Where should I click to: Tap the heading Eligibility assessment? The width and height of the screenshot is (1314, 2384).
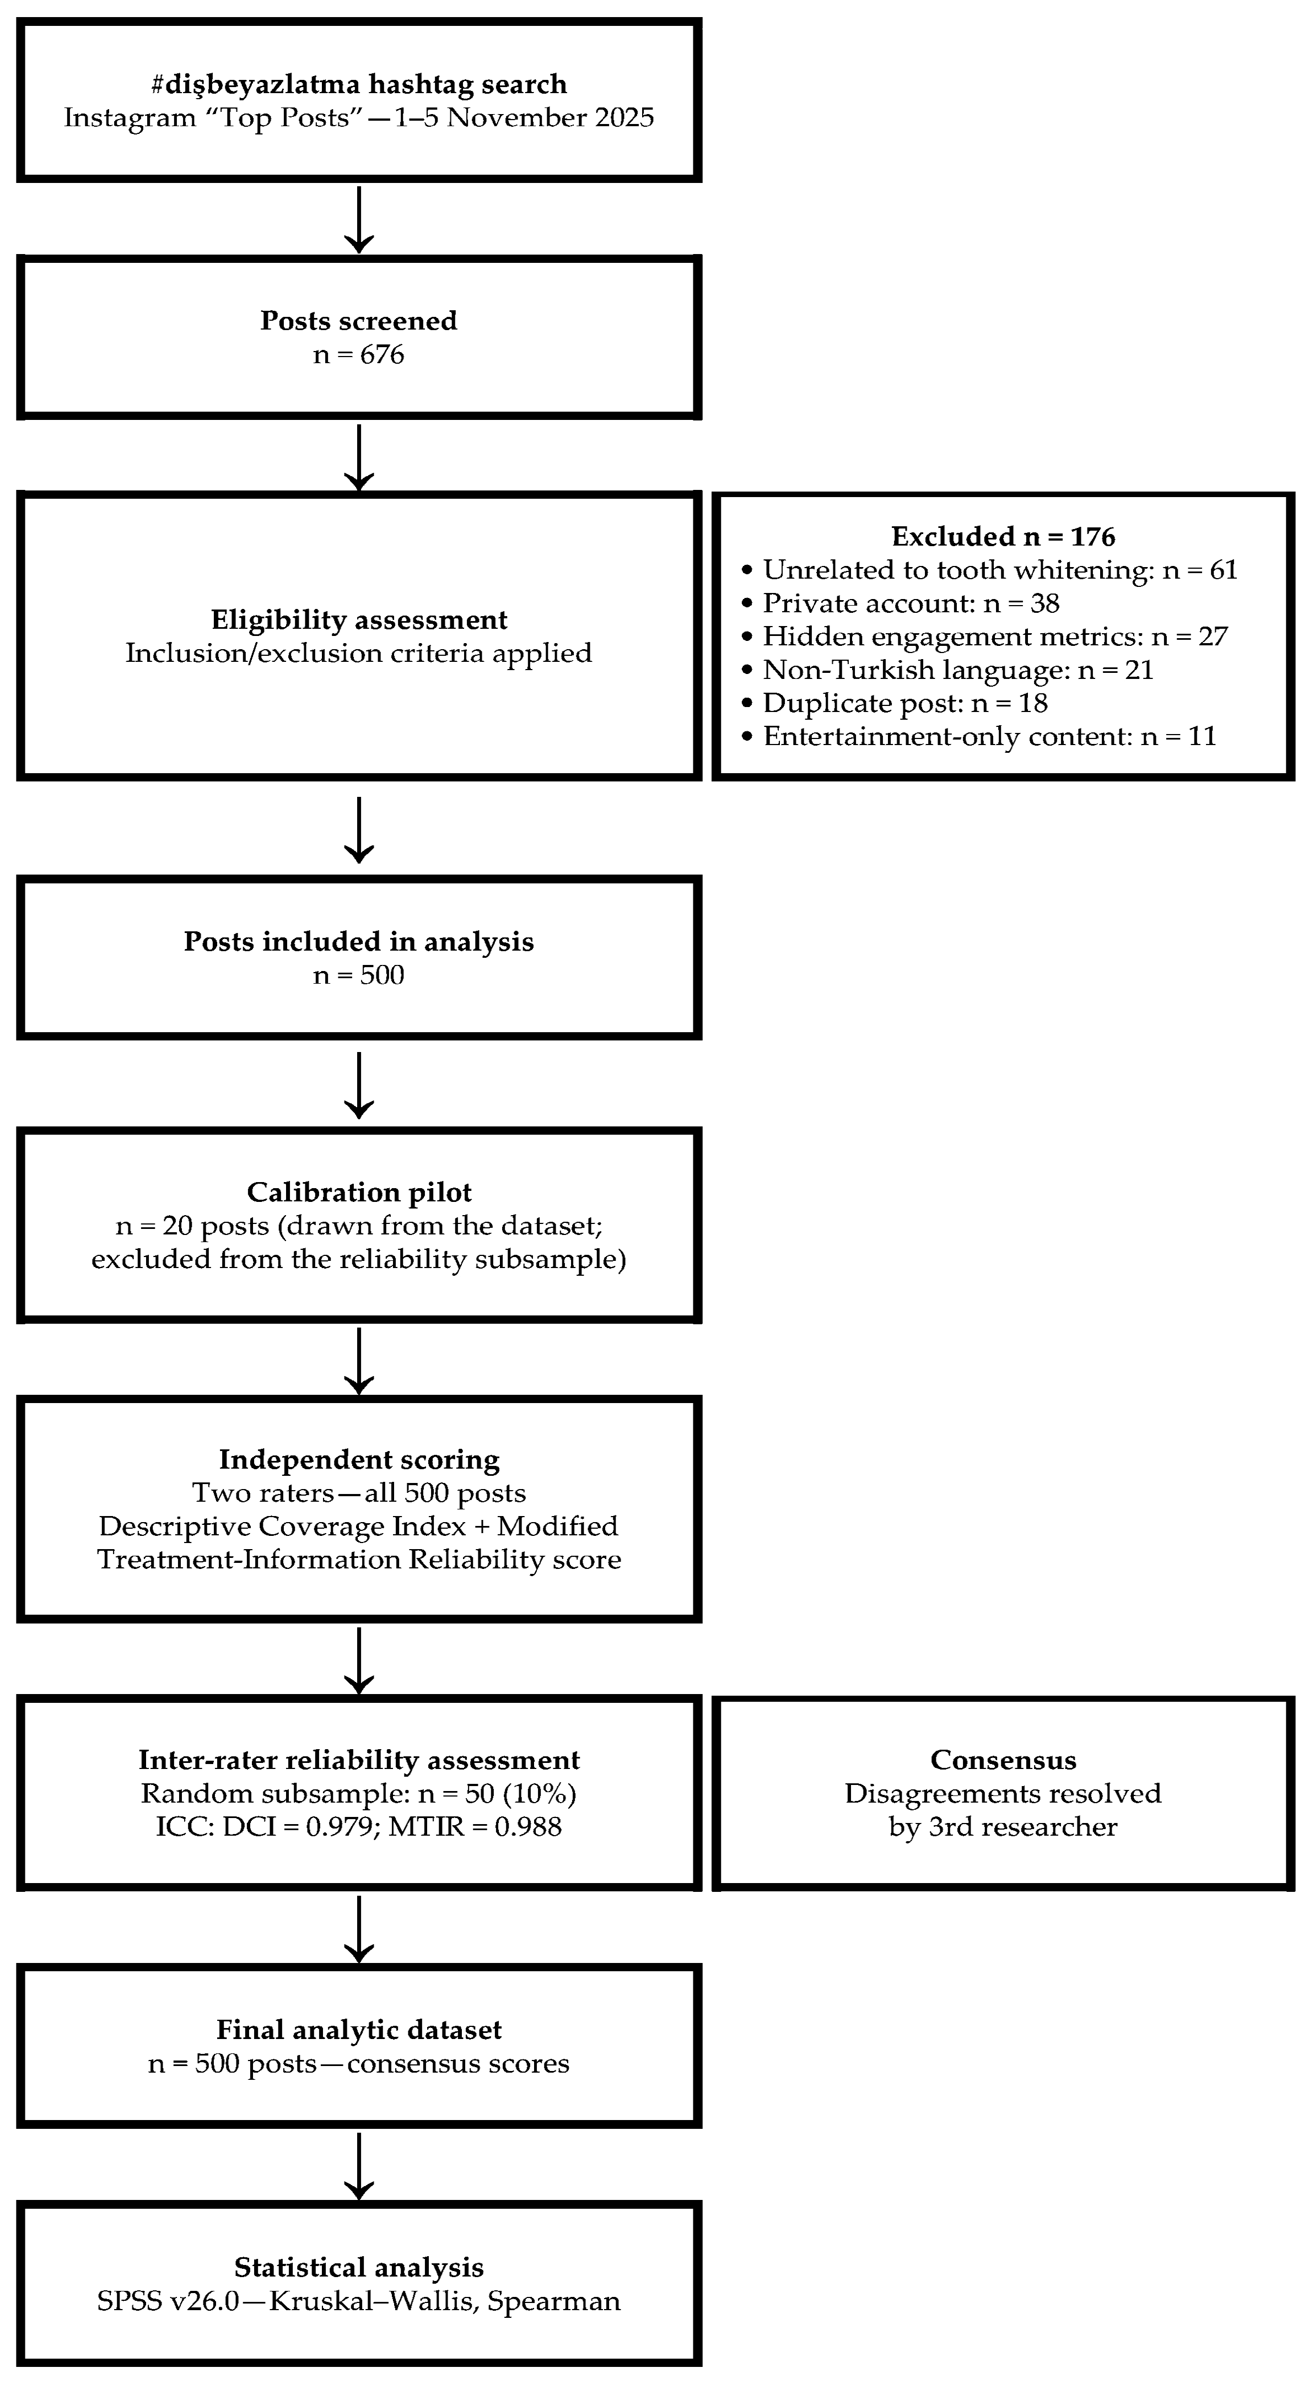tap(359, 620)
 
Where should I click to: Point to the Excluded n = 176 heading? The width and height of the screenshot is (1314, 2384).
tap(1003, 537)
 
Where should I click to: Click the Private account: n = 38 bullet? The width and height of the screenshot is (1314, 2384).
tap(901, 603)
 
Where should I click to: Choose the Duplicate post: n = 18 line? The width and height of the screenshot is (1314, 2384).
tap(895, 703)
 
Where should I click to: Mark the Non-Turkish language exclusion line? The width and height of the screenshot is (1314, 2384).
tap(947, 670)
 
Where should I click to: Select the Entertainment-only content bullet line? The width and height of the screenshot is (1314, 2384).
tap(979, 737)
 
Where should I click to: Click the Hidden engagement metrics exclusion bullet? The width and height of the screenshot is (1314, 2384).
tap(984, 637)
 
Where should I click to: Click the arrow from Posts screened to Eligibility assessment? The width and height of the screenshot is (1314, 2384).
tap(359, 457)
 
